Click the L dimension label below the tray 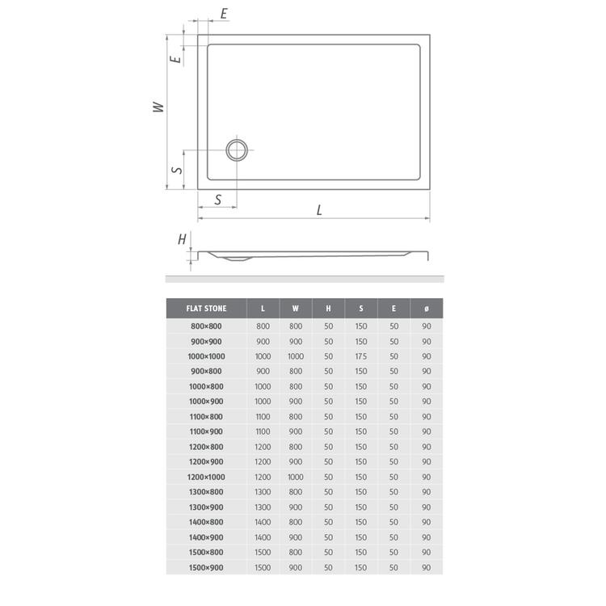[x=320, y=210]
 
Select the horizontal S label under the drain [x=218, y=200]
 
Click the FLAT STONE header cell [x=206, y=309]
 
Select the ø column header [x=427, y=309]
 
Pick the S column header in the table [x=361, y=309]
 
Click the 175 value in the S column [x=361, y=356]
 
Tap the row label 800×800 [x=206, y=326]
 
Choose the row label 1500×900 [x=206, y=567]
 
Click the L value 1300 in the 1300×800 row [x=263, y=492]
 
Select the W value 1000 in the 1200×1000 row [x=296, y=477]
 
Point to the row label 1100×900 [x=206, y=431]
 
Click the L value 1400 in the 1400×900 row [x=263, y=537]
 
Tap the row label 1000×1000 [x=206, y=356]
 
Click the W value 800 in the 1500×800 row [x=296, y=553]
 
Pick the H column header [x=328, y=309]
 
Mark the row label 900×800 [x=206, y=372]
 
